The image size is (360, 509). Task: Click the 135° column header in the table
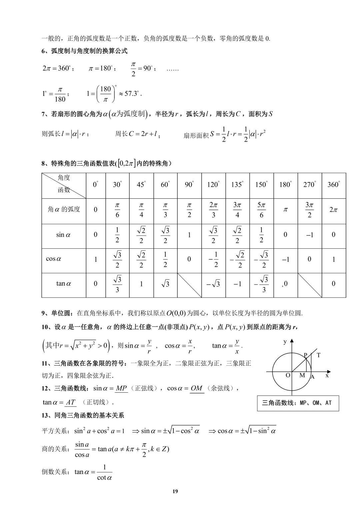point(237,184)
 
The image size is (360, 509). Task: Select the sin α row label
point(63,235)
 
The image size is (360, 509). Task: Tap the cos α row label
point(54,259)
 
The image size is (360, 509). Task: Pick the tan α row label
point(64,284)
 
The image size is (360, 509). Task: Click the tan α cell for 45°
point(141,284)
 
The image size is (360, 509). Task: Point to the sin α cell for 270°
point(310,235)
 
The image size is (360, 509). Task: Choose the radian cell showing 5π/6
point(261,210)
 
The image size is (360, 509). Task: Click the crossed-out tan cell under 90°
point(189,285)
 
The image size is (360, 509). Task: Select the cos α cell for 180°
point(285,260)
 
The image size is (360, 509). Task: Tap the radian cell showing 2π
point(334,210)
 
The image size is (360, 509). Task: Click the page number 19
point(175,491)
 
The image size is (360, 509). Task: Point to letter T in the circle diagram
point(318,355)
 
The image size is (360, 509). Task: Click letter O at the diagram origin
point(288,375)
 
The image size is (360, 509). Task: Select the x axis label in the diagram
point(327,375)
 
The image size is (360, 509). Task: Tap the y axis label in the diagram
point(285,342)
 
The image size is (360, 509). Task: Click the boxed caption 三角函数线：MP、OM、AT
point(298,403)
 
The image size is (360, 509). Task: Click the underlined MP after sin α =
point(121,388)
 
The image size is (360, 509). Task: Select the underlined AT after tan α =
point(71,402)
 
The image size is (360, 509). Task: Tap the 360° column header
point(334,184)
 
